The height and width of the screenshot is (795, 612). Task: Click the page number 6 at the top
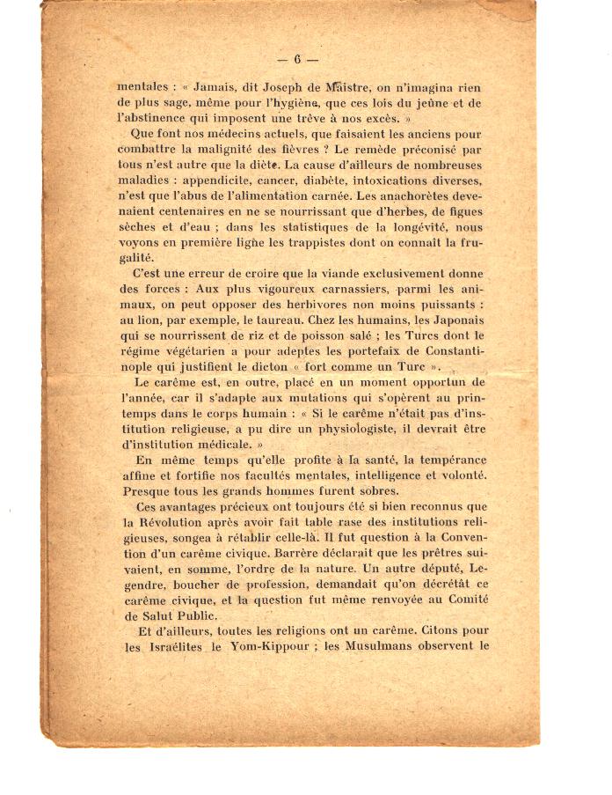(x=298, y=60)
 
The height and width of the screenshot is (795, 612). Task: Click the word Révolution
(x=174, y=521)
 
